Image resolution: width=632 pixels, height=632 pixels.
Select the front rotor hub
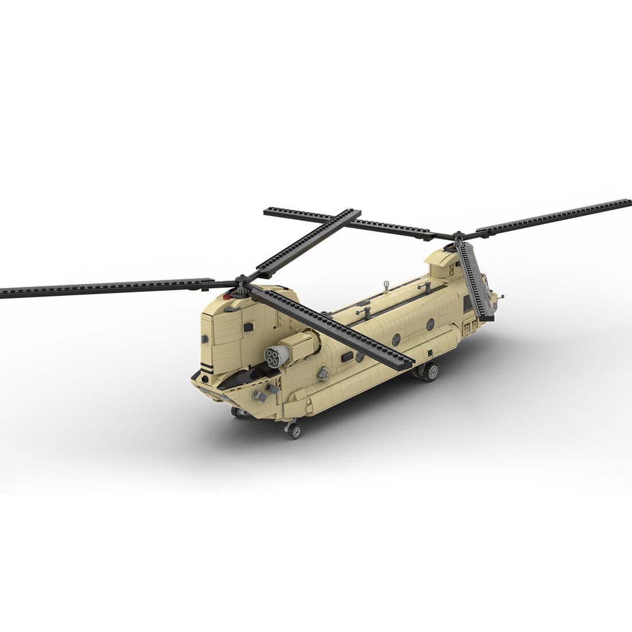(458, 237)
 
